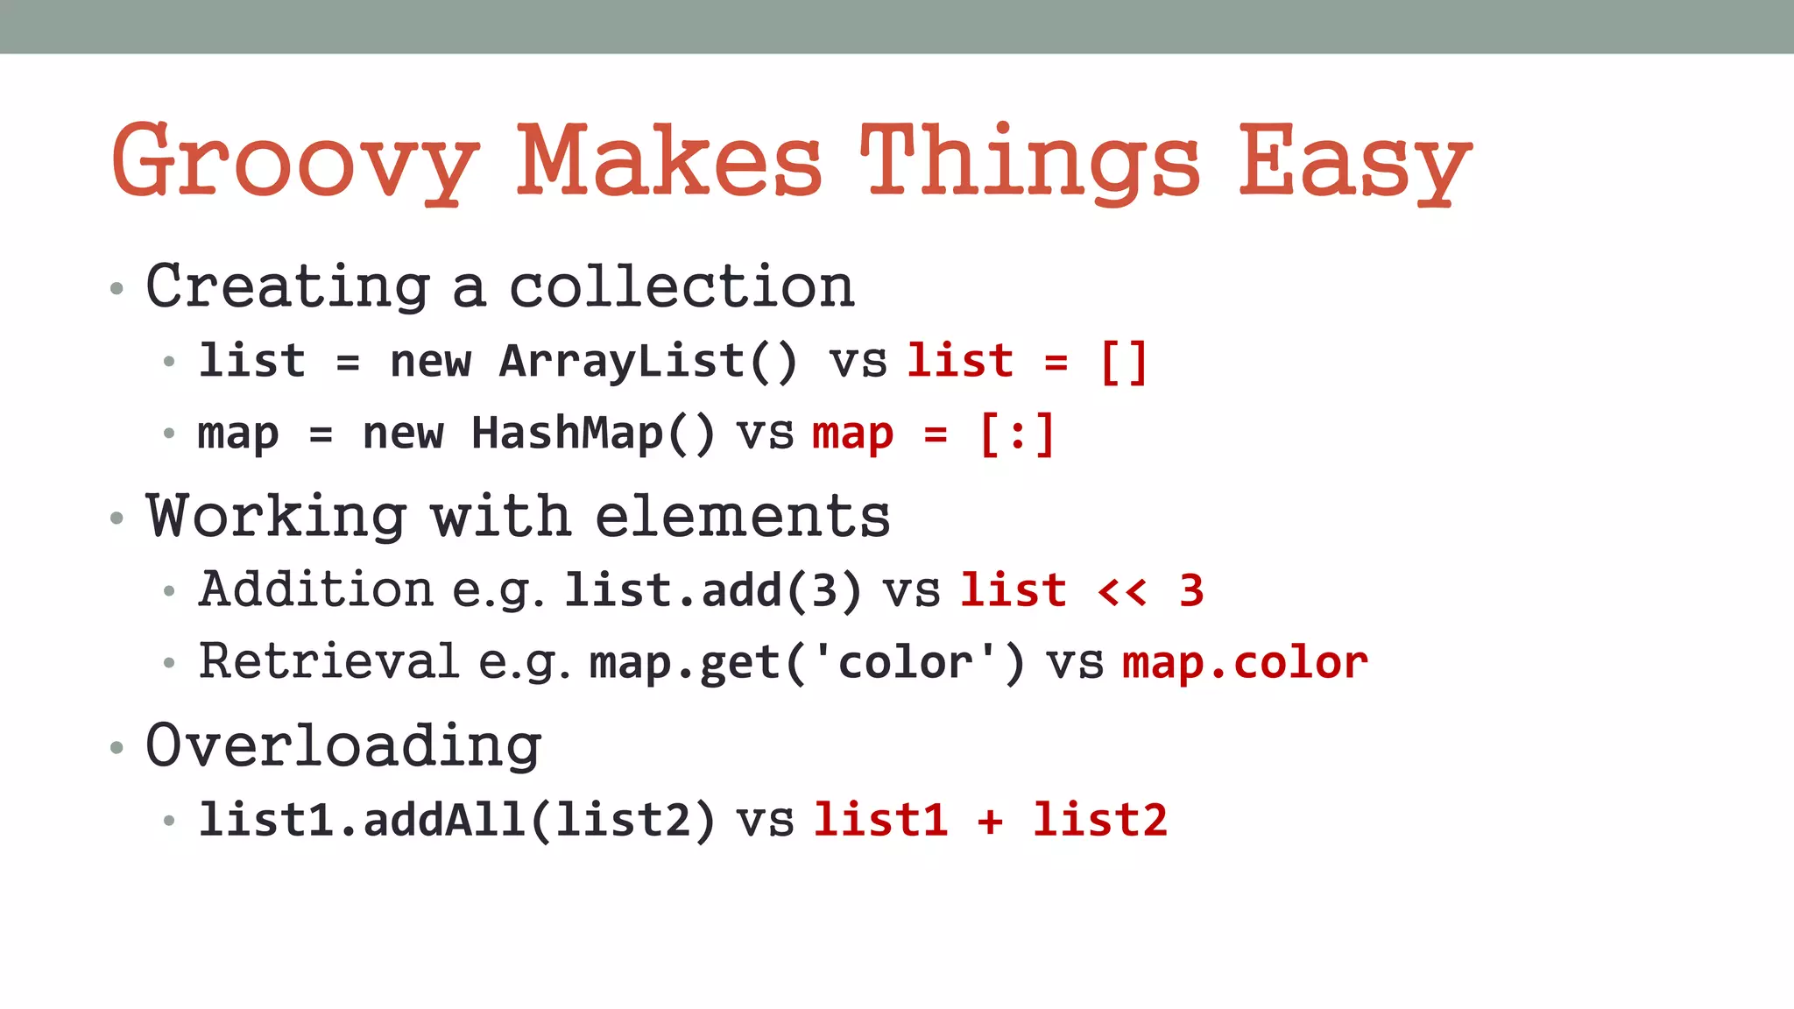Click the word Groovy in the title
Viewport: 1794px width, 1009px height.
295,163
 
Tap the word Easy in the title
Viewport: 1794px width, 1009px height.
1354,163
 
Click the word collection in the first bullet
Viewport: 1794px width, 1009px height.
682,287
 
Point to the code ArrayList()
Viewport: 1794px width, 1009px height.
647,362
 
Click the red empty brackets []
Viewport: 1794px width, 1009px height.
1124,362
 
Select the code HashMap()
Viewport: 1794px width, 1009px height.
593,434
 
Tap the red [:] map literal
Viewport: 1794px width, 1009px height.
1017,434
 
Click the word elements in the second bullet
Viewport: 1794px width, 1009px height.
742,517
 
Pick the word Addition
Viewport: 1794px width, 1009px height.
315,589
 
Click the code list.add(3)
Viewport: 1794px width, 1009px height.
712,590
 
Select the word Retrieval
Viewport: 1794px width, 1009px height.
328,661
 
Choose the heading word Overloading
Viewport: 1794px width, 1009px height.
343,746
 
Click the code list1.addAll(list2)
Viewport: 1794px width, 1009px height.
456,821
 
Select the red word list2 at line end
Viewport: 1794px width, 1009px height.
1100,821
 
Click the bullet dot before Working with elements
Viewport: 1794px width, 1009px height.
117,519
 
